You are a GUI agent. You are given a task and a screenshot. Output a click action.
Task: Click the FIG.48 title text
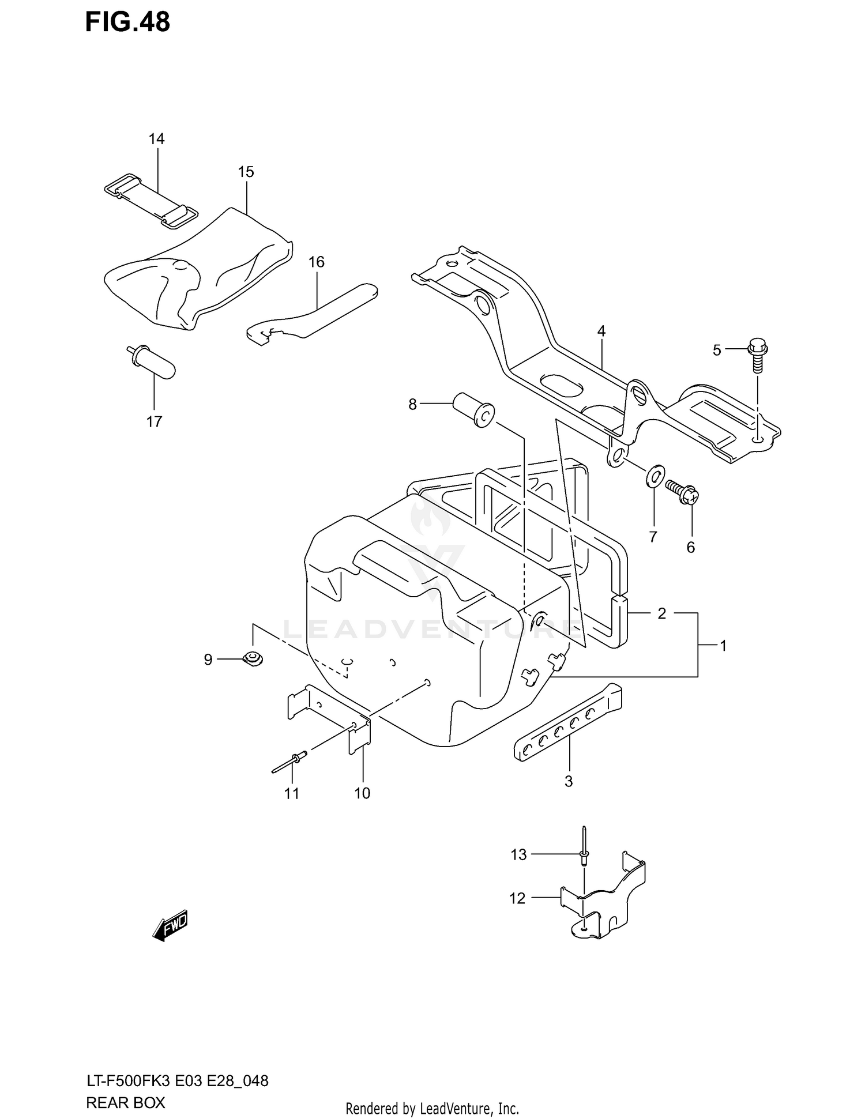[x=127, y=22]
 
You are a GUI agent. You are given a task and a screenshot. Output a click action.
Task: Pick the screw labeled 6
[x=682, y=492]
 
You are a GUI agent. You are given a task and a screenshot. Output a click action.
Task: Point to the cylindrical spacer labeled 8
[x=474, y=409]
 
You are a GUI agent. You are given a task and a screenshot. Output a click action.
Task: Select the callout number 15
[x=246, y=172]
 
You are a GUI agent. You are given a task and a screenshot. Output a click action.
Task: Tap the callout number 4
[x=601, y=331]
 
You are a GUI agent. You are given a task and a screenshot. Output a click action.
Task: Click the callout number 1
[x=723, y=646]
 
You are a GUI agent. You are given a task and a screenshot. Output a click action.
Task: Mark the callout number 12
[x=517, y=898]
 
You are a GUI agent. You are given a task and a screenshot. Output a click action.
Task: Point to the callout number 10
[x=362, y=793]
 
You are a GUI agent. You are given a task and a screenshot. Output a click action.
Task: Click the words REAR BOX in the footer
[x=125, y=1102]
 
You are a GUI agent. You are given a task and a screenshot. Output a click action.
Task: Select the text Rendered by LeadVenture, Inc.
[x=432, y=1107]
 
